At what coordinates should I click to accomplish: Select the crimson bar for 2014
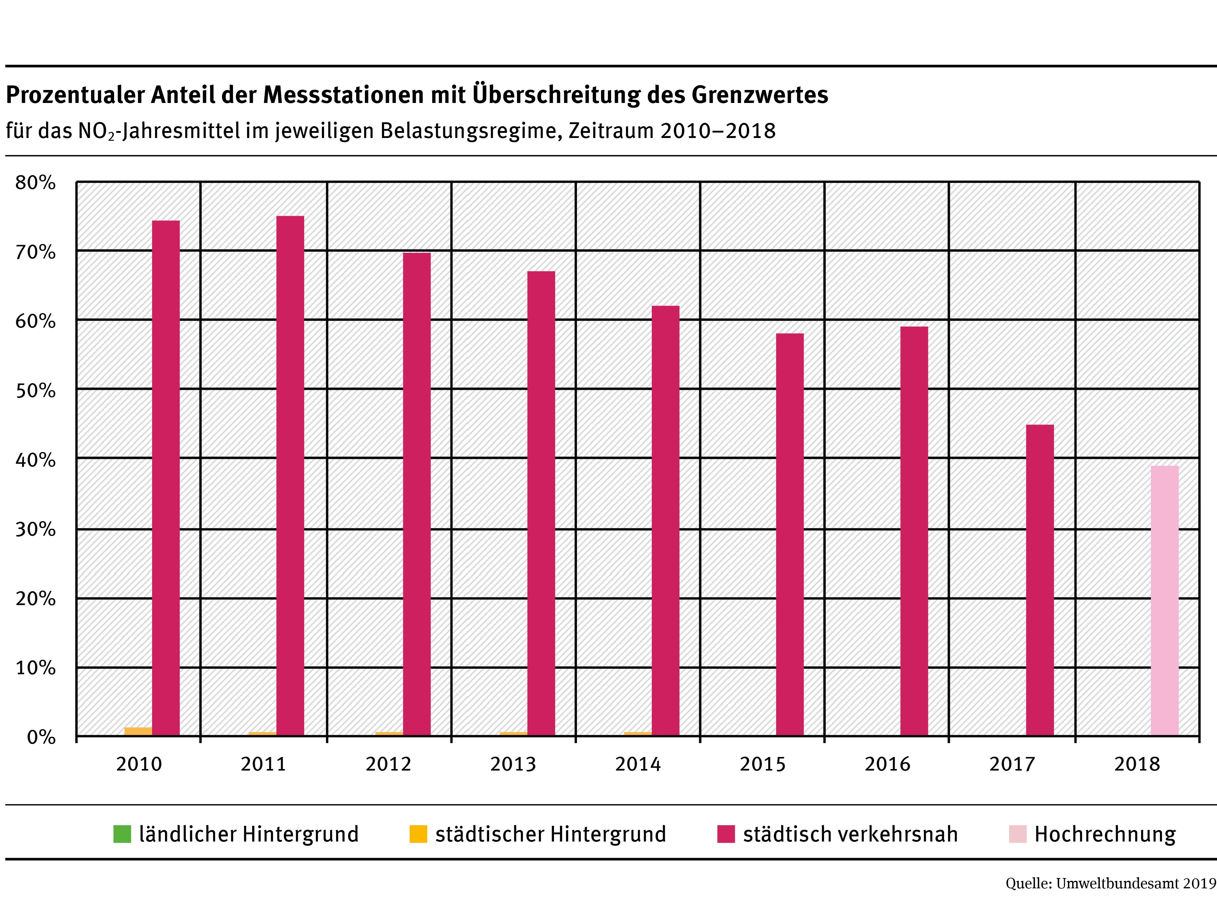tap(665, 520)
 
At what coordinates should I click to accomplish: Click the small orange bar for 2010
tap(138, 731)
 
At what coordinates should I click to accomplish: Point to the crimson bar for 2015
tap(789, 534)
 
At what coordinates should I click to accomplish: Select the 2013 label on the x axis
tap(513, 764)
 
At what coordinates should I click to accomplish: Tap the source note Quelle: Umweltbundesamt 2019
tap(1110, 899)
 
